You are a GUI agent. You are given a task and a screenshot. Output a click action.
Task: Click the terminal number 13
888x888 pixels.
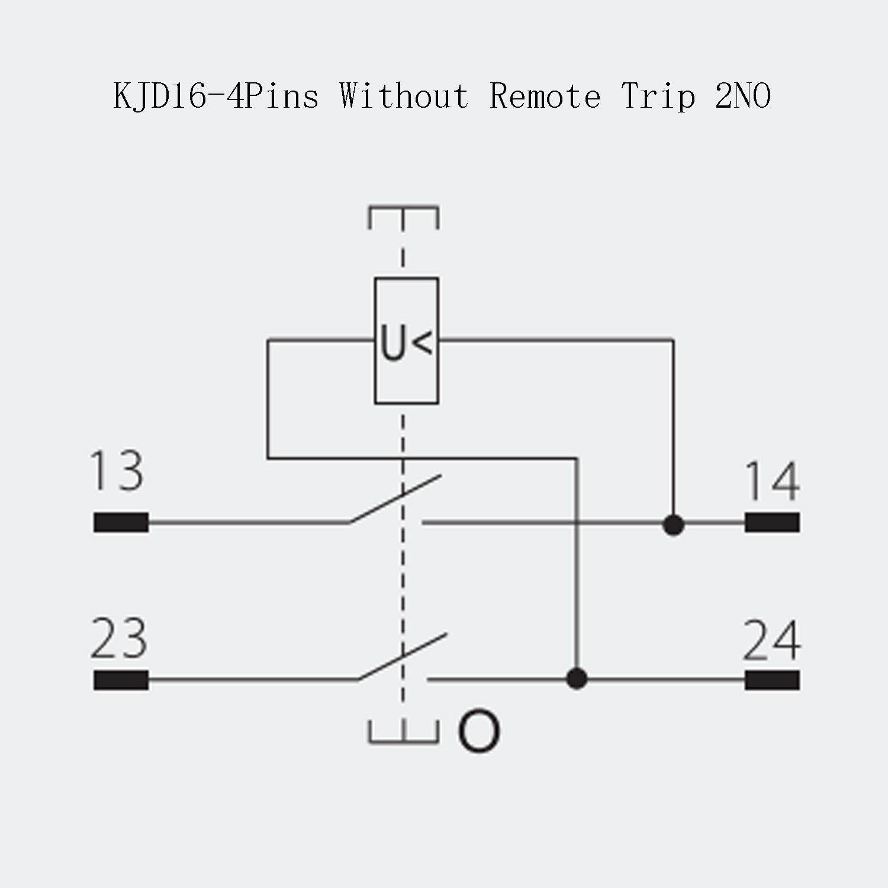117,471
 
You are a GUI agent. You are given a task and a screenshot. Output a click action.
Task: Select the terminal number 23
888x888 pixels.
119,639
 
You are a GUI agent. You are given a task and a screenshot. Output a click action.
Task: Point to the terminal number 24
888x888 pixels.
772,641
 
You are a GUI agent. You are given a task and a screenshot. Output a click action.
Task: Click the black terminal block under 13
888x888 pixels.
121,523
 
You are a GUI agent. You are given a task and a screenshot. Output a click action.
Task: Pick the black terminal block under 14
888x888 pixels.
772,523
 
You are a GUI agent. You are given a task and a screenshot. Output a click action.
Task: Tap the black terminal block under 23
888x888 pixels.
121,680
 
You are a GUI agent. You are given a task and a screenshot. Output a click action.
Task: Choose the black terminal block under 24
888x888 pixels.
772,680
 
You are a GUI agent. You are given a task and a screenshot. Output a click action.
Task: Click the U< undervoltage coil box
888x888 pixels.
406,341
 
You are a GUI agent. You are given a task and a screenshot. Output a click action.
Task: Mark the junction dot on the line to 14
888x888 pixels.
673,525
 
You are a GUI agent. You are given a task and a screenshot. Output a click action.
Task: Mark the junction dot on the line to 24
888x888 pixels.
577,678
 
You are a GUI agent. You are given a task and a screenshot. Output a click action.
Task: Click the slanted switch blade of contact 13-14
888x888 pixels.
395,498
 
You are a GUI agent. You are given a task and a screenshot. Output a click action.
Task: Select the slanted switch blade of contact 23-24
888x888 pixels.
403,657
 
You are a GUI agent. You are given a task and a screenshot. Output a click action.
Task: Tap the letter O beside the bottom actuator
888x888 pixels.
478,732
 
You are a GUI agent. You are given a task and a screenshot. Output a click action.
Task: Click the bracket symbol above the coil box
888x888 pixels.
403,216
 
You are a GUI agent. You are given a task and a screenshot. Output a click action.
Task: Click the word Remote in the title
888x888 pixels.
545,96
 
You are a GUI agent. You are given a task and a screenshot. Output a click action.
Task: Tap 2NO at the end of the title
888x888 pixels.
743,96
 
